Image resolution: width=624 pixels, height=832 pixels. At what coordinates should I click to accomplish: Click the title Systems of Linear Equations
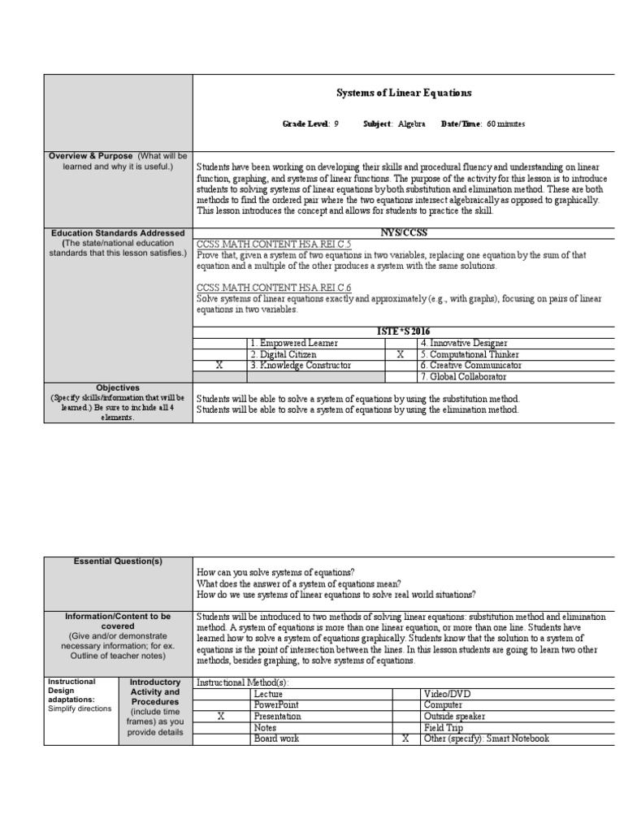click(404, 93)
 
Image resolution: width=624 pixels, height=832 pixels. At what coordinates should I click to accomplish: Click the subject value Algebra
click(411, 123)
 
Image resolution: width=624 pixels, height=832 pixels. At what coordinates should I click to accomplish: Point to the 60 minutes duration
click(506, 123)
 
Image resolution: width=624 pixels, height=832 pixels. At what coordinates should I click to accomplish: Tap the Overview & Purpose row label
click(93, 155)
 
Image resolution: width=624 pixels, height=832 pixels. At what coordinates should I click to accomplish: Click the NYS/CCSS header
click(403, 233)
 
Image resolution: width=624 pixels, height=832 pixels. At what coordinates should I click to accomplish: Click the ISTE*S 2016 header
click(403, 331)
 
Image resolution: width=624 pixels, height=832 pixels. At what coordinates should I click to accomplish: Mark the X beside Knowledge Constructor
click(219, 366)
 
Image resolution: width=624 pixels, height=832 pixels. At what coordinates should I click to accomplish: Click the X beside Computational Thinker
click(400, 355)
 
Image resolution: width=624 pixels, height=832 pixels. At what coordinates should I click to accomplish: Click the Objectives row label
click(118, 388)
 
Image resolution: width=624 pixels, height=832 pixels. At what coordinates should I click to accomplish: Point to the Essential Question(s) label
click(119, 561)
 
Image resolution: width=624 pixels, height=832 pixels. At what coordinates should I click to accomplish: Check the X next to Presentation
click(221, 717)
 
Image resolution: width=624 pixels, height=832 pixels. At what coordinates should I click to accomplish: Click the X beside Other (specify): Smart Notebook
click(404, 739)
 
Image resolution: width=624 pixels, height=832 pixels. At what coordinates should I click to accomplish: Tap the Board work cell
click(276, 739)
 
